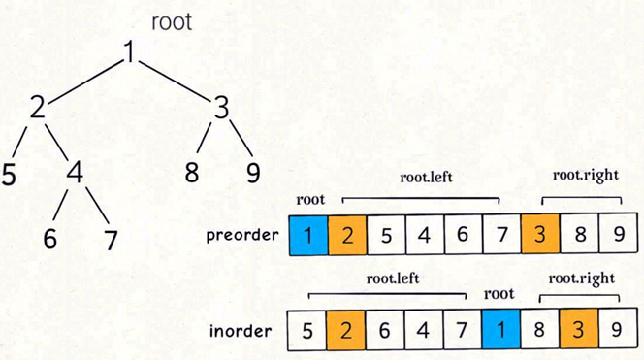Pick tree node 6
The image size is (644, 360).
50,237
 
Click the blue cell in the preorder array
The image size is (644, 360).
306,236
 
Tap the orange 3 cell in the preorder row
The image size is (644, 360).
538,236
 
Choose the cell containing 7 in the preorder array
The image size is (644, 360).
499,236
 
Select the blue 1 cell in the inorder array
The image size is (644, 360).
499,331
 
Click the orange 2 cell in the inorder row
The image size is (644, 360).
345,331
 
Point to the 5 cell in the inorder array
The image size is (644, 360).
306,331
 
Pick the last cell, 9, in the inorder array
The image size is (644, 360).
616,331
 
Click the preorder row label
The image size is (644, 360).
245,236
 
